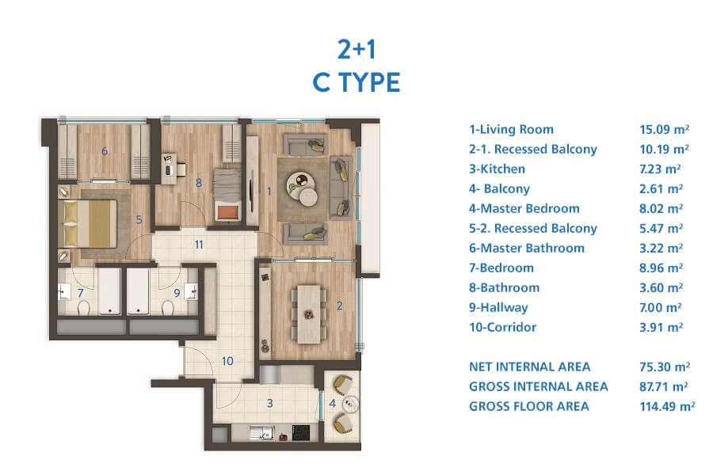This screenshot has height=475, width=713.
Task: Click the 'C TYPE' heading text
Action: [x=356, y=82]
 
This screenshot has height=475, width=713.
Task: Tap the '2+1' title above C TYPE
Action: [x=356, y=49]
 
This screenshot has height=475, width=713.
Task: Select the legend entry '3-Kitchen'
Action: [x=497, y=169]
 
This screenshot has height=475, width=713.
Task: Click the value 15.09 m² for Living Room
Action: [x=664, y=130]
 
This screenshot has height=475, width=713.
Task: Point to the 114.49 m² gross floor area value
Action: [x=667, y=406]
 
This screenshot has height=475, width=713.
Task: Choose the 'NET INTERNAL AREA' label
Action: [x=530, y=367]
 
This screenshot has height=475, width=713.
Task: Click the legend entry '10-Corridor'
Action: [x=502, y=327]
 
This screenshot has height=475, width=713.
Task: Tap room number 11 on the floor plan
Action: [x=199, y=245]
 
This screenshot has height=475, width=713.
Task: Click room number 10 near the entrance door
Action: [x=227, y=361]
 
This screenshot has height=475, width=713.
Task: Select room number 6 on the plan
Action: [x=105, y=151]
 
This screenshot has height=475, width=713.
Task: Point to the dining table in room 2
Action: [x=309, y=314]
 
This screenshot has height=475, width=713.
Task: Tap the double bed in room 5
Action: [x=89, y=223]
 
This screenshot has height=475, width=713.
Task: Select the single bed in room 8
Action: [x=227, y=195]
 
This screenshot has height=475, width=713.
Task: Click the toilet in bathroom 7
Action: [x=83, y=308]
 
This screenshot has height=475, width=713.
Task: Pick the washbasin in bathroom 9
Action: [x=191, y=291]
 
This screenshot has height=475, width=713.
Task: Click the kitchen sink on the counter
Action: [x=262, y=433]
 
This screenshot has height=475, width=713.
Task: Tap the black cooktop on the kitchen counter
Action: [x=300, y=433]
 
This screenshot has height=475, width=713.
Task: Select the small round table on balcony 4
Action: [x=351, y=404]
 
